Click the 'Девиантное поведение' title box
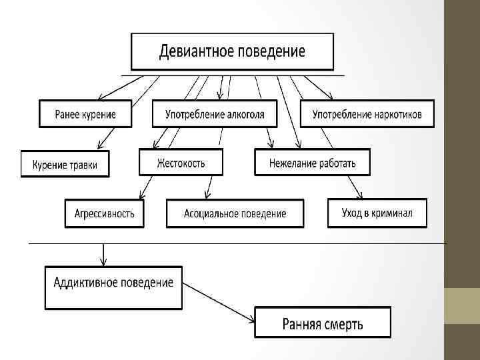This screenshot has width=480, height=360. tap(232, 52)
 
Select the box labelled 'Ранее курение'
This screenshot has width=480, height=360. tap(85, 114)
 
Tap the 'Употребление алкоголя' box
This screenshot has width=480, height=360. tap(215, 114)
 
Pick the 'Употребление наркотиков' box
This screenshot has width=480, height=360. tap(367, 114)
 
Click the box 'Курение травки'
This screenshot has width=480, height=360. tap(65, 164)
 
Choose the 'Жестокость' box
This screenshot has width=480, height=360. tap(181, 162)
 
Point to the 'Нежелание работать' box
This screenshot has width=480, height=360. tap(312, 162)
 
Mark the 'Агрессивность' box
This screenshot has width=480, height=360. tap(104, 213)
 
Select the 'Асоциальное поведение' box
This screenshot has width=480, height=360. tap(235, 213)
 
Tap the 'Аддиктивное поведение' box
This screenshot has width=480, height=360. tap(113, 287)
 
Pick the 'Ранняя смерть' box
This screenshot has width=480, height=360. tap(323, 324)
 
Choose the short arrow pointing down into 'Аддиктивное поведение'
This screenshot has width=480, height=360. tap(102, 254)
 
